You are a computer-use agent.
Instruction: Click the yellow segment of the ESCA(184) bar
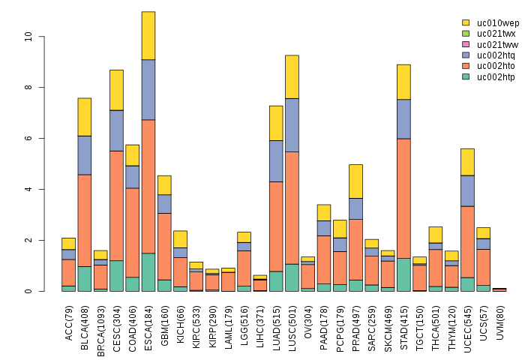point(148,35)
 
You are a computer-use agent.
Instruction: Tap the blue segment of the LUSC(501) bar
point(292,124)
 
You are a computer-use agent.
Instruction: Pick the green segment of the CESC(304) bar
point(116,275)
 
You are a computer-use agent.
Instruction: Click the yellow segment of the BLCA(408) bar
point(85,116)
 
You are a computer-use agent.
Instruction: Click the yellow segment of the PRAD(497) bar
point(355,181)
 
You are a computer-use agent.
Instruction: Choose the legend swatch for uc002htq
point(466,55)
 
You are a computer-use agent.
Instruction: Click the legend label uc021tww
point(496,45)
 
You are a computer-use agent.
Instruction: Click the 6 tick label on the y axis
point(28,138)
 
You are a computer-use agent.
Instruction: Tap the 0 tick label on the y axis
point(28,291)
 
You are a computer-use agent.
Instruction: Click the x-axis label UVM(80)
point(499,320)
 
